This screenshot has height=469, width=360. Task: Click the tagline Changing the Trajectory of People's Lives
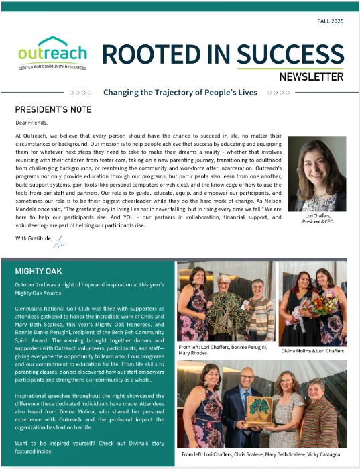(180, 93)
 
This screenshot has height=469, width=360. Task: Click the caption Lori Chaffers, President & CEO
(316, 218)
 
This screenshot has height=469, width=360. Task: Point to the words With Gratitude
(32, 238)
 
